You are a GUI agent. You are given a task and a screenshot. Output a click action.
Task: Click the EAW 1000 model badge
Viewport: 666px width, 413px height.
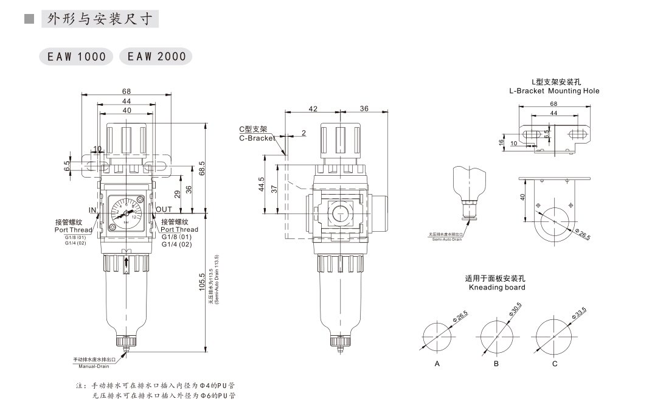coord(76,57)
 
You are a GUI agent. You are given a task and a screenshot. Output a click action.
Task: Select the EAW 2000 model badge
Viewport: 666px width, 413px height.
coord(156,57)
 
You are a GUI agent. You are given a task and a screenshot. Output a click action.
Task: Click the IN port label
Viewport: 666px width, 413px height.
coord(92,210)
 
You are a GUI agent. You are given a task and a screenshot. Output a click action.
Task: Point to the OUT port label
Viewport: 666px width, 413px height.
coord(164,210)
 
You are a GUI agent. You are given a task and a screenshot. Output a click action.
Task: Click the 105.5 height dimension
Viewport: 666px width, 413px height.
coord(203,282)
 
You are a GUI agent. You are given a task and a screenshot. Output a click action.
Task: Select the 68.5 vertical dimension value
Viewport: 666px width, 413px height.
coord(203,168)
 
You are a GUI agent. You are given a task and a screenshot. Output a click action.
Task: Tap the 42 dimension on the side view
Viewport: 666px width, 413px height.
coord(313,109)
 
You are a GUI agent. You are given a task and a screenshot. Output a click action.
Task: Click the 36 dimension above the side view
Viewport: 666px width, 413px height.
coord(364,109)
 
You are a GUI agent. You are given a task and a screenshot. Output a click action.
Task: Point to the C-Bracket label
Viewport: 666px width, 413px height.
coord(257,138)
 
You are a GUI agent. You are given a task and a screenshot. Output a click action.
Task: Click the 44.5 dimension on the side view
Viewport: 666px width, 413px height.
coord(261,184)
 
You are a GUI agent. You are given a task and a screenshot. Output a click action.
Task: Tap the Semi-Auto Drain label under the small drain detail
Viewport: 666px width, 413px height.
coord(447,240)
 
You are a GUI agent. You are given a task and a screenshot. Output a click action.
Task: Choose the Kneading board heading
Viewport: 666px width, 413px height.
coord(497,287)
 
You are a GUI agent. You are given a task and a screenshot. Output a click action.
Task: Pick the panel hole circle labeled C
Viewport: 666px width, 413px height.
coord(555,335)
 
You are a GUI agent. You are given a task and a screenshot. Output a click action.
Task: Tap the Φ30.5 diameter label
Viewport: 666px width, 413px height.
coord(515,310)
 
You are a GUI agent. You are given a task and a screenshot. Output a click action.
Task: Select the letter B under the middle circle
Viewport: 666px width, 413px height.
coord(496,364)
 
